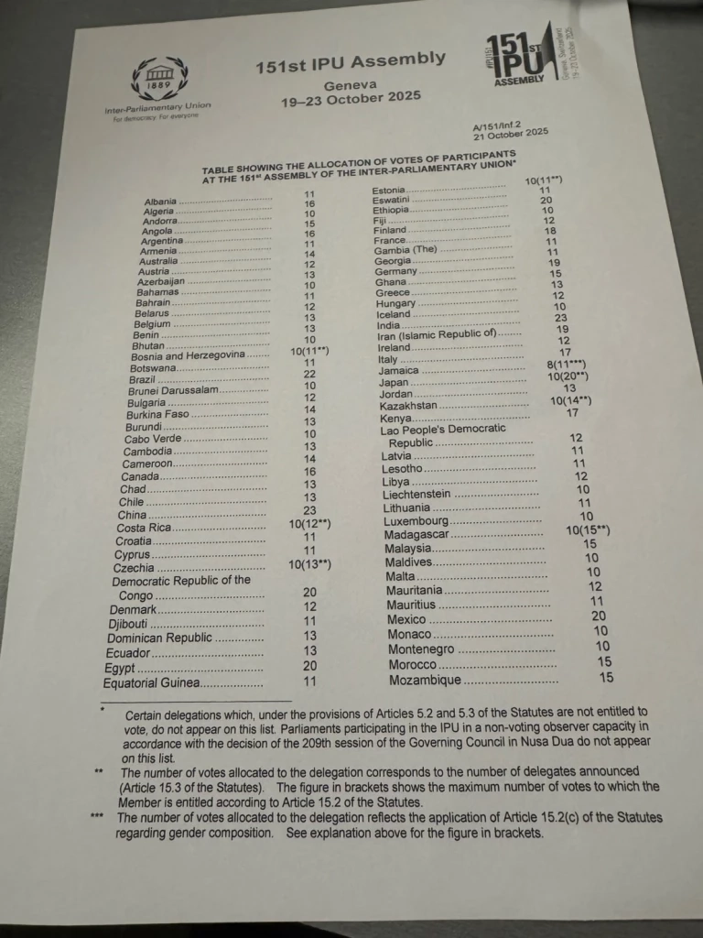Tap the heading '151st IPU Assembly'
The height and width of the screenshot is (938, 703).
(x=351, y=61)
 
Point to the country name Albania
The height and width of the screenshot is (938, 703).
(x=160, y=202)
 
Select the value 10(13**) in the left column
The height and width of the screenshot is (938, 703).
(x=309, y=564)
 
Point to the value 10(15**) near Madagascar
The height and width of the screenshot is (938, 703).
(x=588, y=529)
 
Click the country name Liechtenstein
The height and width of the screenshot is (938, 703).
(x=416, y=496)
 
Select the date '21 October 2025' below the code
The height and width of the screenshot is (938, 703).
(x=510, y=135)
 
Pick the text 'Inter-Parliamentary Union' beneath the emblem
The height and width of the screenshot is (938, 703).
(x=157, y=108)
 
